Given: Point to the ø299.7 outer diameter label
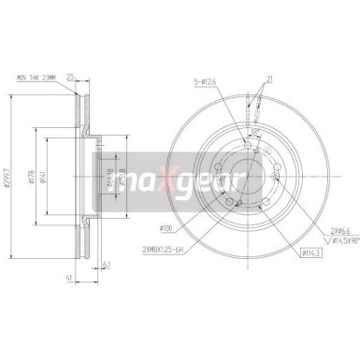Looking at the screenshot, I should point(8,178).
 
